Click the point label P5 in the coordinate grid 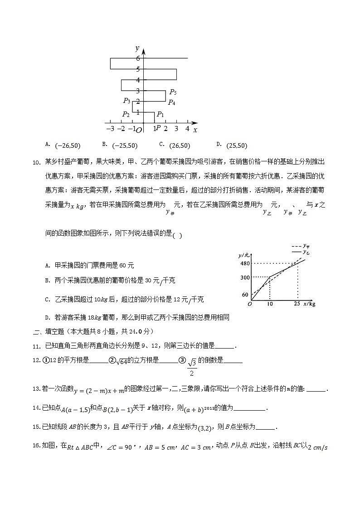click(173, 92)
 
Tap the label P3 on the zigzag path click(126, 101)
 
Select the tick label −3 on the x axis click(110, 129)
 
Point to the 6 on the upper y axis click(137, 58)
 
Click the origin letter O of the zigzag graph click(139, 130)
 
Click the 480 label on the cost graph click(245, 263)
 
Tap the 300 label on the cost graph click(245, 277)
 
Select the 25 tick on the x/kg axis click(297, 304)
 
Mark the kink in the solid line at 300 click(270, 276)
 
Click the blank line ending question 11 click(226, 346)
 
